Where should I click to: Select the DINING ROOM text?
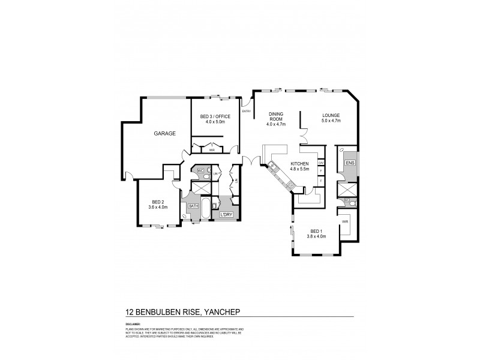(x=276, y=116)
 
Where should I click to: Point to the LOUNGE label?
(x=331, y=115)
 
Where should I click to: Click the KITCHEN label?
(x=299, y=163)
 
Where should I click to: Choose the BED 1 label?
(x=317, y=231)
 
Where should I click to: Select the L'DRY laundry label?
(x=226, y=214)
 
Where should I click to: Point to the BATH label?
(x=194, y=206)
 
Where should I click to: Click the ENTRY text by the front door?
(x=246, y=112)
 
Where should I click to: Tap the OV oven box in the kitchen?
(x=321, y=163)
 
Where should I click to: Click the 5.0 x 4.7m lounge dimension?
(x=331, y=121)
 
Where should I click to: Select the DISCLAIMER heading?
(x=134, y=322)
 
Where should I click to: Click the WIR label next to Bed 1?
(x=344, y=221)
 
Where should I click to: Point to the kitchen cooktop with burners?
(x=290, y=185)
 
